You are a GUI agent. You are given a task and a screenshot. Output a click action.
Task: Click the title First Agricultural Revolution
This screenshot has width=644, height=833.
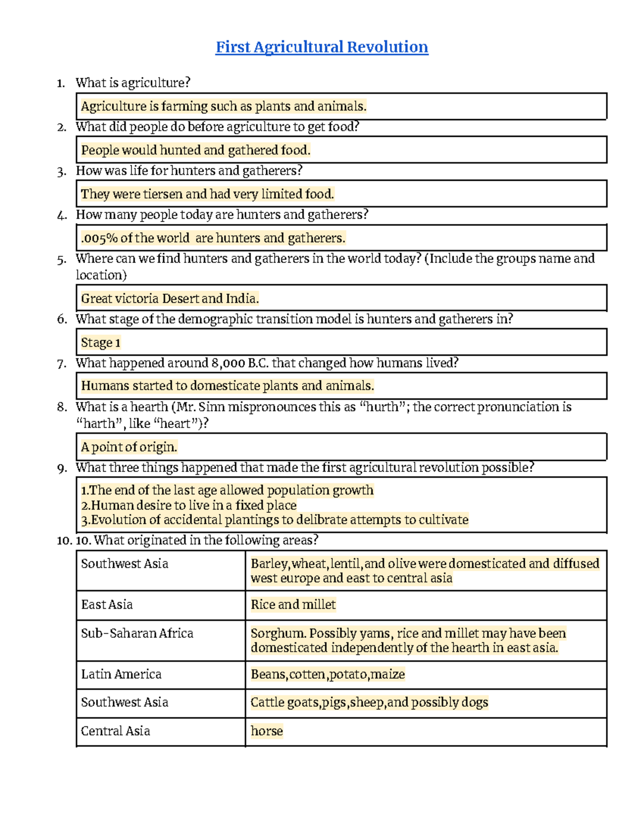pyautogui.click(x=321, y=47)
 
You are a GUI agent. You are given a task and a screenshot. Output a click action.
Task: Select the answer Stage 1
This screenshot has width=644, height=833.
pyautogui.click(x=101, y=342)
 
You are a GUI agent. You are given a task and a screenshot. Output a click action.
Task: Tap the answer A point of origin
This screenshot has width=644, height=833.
pyautogui.click(x=129, y=447)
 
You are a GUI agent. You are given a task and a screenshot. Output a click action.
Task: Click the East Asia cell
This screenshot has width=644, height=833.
pyautogui.click(x=107, y=605)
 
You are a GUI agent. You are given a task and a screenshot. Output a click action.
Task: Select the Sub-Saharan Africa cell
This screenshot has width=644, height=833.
pyautogui.click(x=137, y=633)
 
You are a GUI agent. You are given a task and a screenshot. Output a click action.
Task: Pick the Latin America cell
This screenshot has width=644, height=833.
pyautogui.click(x=121, y=674)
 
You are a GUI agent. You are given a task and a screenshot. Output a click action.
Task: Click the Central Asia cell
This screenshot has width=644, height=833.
pyautogui.click(x=115, y=731)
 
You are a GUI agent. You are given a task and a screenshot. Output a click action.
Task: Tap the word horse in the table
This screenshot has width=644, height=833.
pyautogui.click(x=267, y=731)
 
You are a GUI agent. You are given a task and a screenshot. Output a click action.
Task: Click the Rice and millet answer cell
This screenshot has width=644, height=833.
pyautogui.click(x=293, y=605)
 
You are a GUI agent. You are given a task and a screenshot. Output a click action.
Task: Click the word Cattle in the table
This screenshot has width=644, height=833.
pyautogui.click(x=267, y=703)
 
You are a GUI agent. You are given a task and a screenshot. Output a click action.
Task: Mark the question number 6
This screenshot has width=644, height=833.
pyautogui.click(x=62, y=320)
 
